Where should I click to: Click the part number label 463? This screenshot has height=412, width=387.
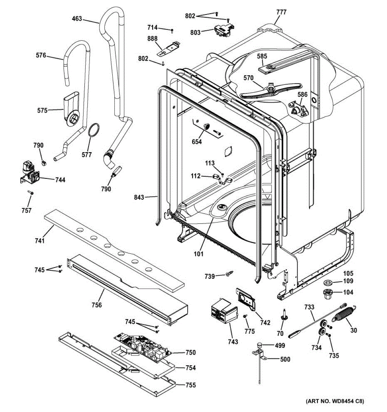coord(77,19)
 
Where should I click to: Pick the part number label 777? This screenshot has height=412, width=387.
coord(281,12)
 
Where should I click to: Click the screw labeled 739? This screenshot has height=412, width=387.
coord(229,274)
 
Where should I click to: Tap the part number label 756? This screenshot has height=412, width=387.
coord(97,305)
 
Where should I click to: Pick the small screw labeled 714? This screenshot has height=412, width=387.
coord(172,31)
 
